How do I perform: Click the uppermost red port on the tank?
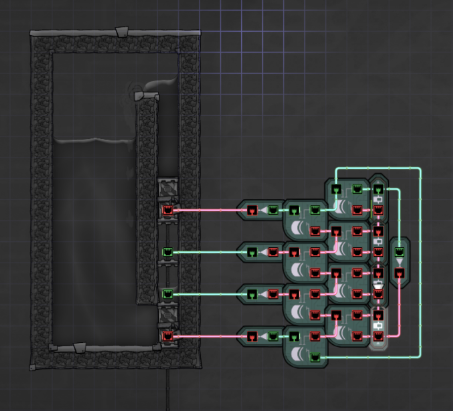(x=168, y=210)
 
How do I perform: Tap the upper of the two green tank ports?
(x=168, y=252)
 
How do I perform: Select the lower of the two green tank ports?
(x=168, y=294)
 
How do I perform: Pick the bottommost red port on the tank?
(x=168, y=336)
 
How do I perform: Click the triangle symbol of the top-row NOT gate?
(x=262, y=211)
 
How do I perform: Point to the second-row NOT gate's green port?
(x=252, y=252)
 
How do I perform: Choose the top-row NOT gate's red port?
(x=252, y=211)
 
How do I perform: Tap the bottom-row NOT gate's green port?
(x=273, y=336)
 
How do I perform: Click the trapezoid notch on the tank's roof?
(x=121, y=33)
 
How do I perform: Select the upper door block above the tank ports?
(x=167, y=188)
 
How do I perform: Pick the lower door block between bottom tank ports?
(x=167, y=316)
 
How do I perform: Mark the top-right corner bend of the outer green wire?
(x=420, y=169)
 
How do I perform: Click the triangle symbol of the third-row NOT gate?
(x=262, y=294)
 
